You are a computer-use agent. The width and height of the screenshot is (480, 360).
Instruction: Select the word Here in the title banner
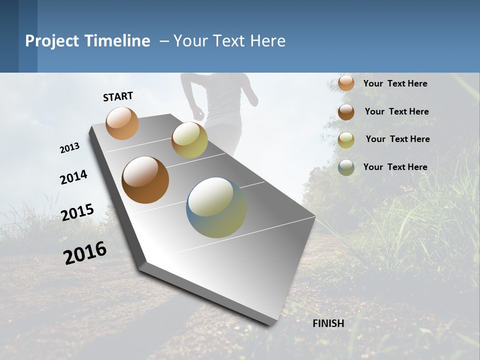pyautogui.click(x=267, y=41)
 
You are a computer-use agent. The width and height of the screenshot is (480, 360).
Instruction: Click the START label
pyautogui.click(x=118, y=96)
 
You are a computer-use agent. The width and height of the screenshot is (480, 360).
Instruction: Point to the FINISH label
pyautogui.click(x=328, y=323)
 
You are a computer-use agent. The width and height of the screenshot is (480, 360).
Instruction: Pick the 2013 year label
pyautogui.click(x=69, y=148)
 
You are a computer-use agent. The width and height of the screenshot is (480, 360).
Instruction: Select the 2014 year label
pyautogui.click(x=73, y=177)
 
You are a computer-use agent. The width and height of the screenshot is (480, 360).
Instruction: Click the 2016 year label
pyautogui.click(x=85, y=253)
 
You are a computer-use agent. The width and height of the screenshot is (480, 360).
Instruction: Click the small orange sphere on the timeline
pyautogui.click(x=122, y=123)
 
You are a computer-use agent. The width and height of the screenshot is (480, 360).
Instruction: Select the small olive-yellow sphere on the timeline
pyautogui.click(x=189, y=140)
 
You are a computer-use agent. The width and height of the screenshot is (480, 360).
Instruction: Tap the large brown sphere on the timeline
pyautogui.click(x=145, y=180)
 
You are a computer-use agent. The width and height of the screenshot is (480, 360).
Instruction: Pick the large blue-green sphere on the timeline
pyautogui.click(x=216, y=207)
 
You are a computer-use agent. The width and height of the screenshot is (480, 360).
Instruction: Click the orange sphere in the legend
pyautogui.click(x=346, y=83)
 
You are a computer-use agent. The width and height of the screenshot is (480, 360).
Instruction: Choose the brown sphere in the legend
pyautogui.click(x=346, y=112)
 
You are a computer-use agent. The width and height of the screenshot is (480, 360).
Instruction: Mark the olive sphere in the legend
pyautogui.click(x=346, y=140)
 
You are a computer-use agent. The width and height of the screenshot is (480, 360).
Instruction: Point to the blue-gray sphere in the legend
pyautogui.click(x=346, y=167)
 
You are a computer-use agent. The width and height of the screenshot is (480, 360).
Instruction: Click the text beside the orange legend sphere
pyautogui.click(x=395, y=84)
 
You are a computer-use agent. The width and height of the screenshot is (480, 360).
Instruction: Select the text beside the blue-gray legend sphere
pyautogui.click(x=395, y=167)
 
